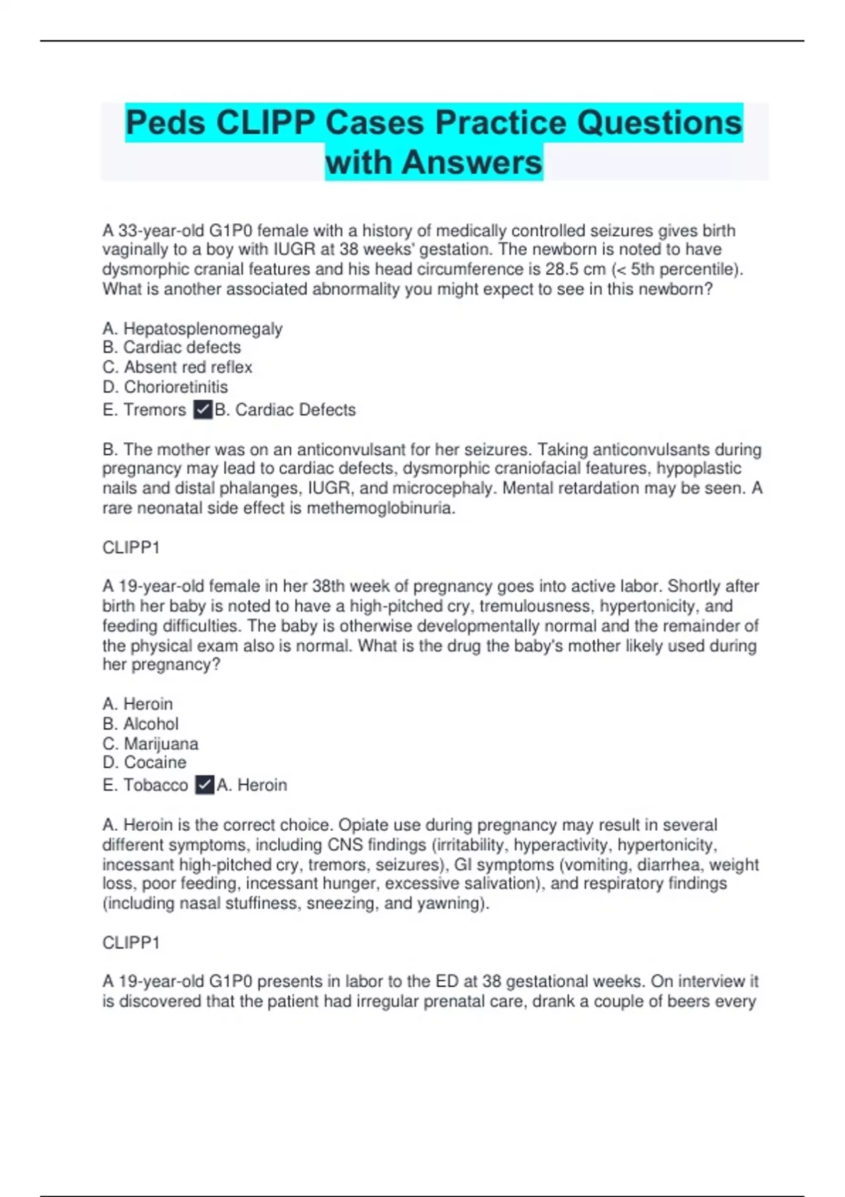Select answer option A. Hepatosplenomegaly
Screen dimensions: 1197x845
[192, 329]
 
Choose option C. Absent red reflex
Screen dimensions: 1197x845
[177, 367]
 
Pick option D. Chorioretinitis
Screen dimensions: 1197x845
[165, 387]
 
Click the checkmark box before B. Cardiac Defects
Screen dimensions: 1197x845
[203, 410]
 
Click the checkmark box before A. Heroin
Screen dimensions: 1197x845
[205, 785]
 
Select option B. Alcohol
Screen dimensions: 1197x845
[141, 724]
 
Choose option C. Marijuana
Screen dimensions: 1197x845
[151, 744]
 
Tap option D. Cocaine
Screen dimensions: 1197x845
[145, 763]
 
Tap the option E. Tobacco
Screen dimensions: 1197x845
[145, 785]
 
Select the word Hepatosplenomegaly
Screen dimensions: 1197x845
[203, 329]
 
